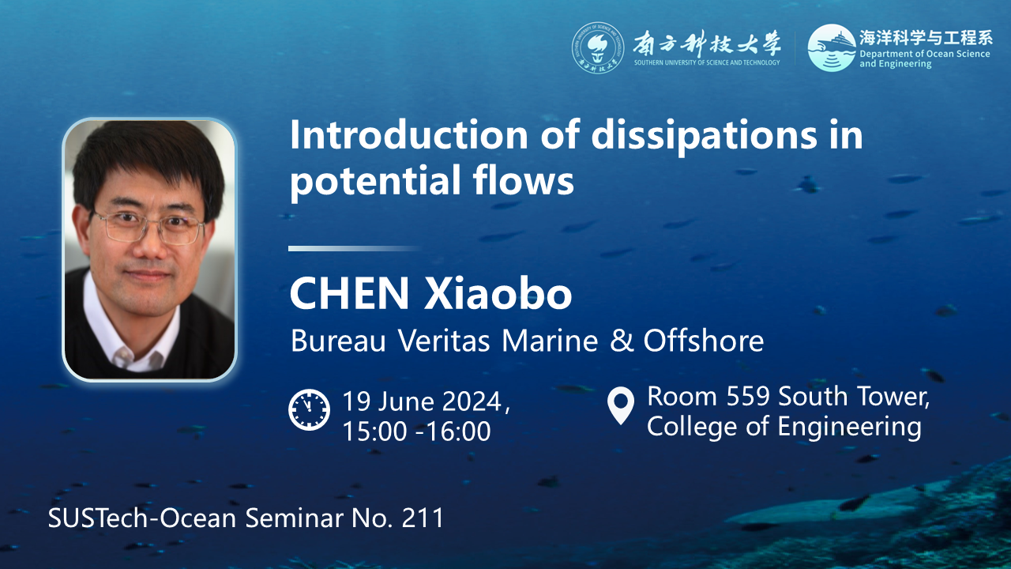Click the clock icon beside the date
click(309, 409)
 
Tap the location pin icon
click(621, 405)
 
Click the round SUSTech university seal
click(598, 47)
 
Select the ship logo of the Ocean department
click(832, 47)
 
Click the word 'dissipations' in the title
click(704, 135)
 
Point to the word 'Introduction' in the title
click(409, 135)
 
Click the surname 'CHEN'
click(349, 293)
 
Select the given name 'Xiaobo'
click(498, 293)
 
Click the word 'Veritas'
click(444, 341)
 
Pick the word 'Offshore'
click(703, 341)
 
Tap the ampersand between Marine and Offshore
click(621, 341)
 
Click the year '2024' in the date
click(472, 401)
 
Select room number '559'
click(748, 397)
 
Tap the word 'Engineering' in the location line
click(849, 428)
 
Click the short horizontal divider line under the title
click(355, 248)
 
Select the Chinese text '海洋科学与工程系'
click(925, 38)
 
